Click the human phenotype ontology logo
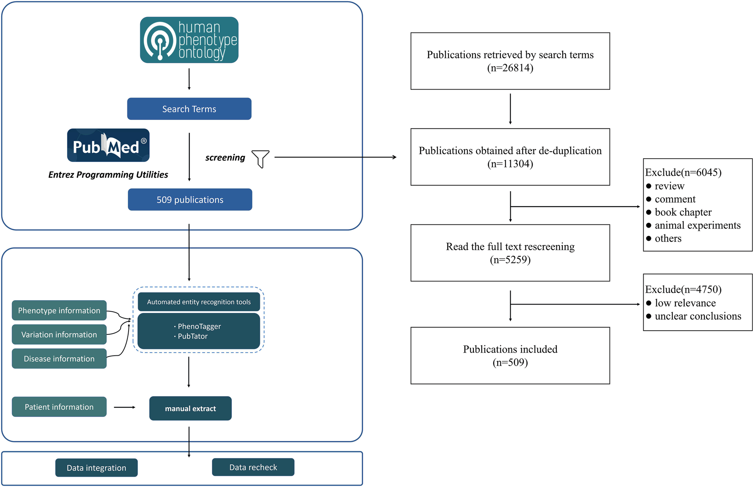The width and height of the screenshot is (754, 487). [x=189, y=40]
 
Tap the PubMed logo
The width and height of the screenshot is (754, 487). [x=108, y=146]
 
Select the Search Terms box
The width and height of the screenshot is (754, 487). [x=189, y=109]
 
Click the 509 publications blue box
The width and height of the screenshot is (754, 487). [x=190, y=200]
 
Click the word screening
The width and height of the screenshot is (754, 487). [x=225, y=158]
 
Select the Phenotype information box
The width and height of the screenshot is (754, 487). [x=59, y=311]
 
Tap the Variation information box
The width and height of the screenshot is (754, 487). [x=59, y=335]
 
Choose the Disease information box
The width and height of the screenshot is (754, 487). [x=59, y=359]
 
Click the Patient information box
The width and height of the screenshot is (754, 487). [x=59, y=407]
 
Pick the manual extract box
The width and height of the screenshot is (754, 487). [x=190, y=408]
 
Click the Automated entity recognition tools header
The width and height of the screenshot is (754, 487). [x=199, y=302]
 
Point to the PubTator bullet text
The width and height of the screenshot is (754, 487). [x=192, y=336]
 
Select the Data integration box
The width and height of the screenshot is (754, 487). [x=96, y=468]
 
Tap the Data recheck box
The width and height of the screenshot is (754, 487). [x=253, y=468]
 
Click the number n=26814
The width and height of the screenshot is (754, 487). [x=510, y=68]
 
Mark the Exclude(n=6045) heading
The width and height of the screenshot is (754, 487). [x=683, y=173]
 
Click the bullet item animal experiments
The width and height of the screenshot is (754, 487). [x=697, y=226]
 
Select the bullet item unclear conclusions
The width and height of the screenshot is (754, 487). [x=698, y=316]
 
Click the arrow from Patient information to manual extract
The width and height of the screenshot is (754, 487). [x=125, y=407]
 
